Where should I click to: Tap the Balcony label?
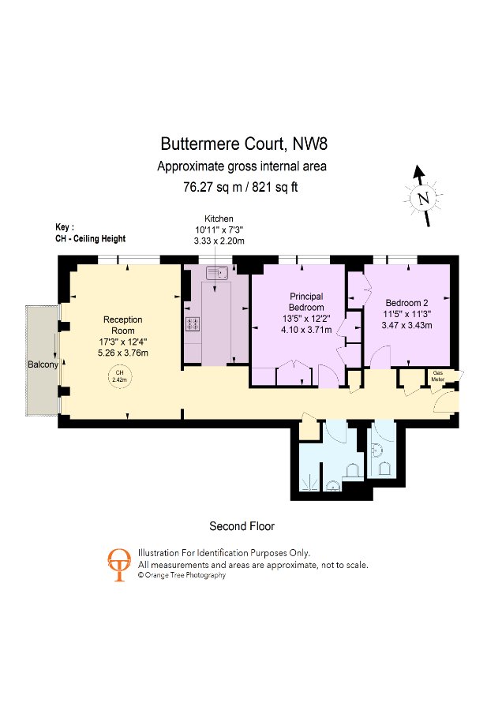(41, 364)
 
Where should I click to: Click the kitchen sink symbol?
(215, 273)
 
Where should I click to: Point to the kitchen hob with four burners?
(192, 323)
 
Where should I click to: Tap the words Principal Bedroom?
(306, 301)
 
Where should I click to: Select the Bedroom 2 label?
(407, 303)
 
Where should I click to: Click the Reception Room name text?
(123, 325)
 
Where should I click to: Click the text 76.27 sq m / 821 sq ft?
(241, 187)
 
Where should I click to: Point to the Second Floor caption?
(242, 525)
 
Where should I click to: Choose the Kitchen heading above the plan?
(219, 219)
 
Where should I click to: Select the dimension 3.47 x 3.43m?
(406, 324)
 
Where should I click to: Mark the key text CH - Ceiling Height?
(91, 238)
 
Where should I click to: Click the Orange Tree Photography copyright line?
(182, 576)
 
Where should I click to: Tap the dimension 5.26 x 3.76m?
(123, 352)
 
